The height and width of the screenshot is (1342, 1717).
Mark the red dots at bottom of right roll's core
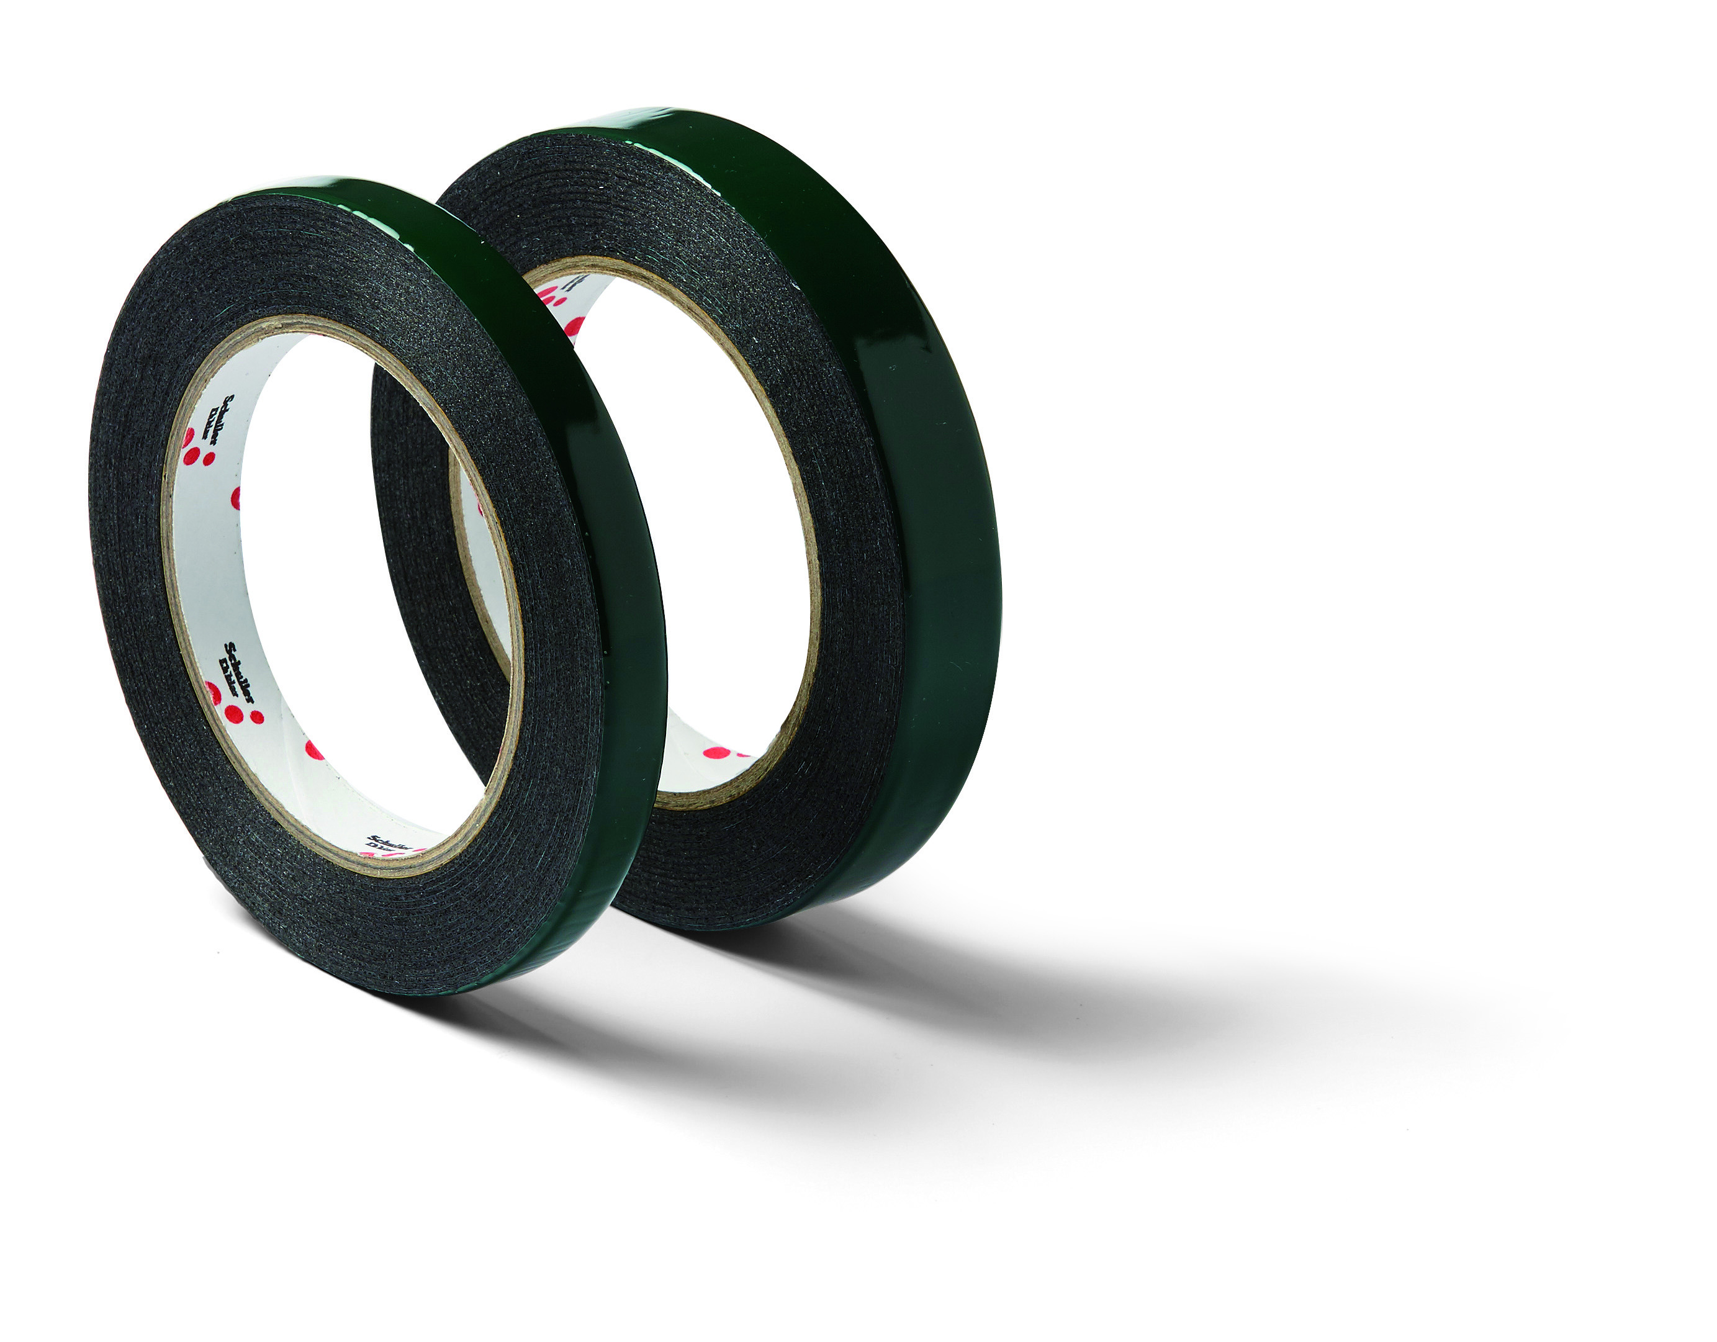point(719,752)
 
